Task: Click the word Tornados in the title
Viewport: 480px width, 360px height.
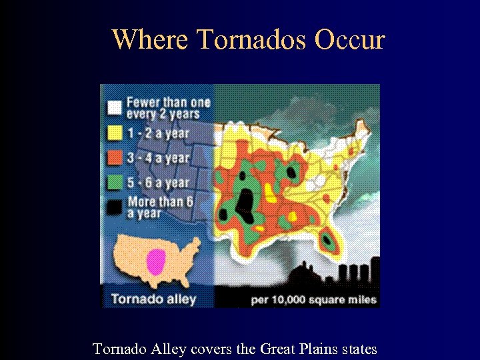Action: coord(251,40)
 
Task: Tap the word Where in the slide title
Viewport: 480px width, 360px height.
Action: coord(151,40)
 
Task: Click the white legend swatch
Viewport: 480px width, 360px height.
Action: coord(115,107)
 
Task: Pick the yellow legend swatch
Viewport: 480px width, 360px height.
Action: coord(115,133)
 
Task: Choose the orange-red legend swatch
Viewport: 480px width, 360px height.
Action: coord(115,158)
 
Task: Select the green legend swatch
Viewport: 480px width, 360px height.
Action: coord(115,182)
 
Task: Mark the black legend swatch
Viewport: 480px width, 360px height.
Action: coord(115,207)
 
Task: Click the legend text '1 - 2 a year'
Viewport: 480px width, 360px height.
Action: coord(158,133)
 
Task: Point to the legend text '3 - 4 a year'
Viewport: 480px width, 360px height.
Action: coord(158,158)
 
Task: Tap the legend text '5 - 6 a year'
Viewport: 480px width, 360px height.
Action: coord(158,182)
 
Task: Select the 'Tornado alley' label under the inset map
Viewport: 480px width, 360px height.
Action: coord(153,298)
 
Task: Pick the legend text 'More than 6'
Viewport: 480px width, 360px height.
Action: coord(160,201)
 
